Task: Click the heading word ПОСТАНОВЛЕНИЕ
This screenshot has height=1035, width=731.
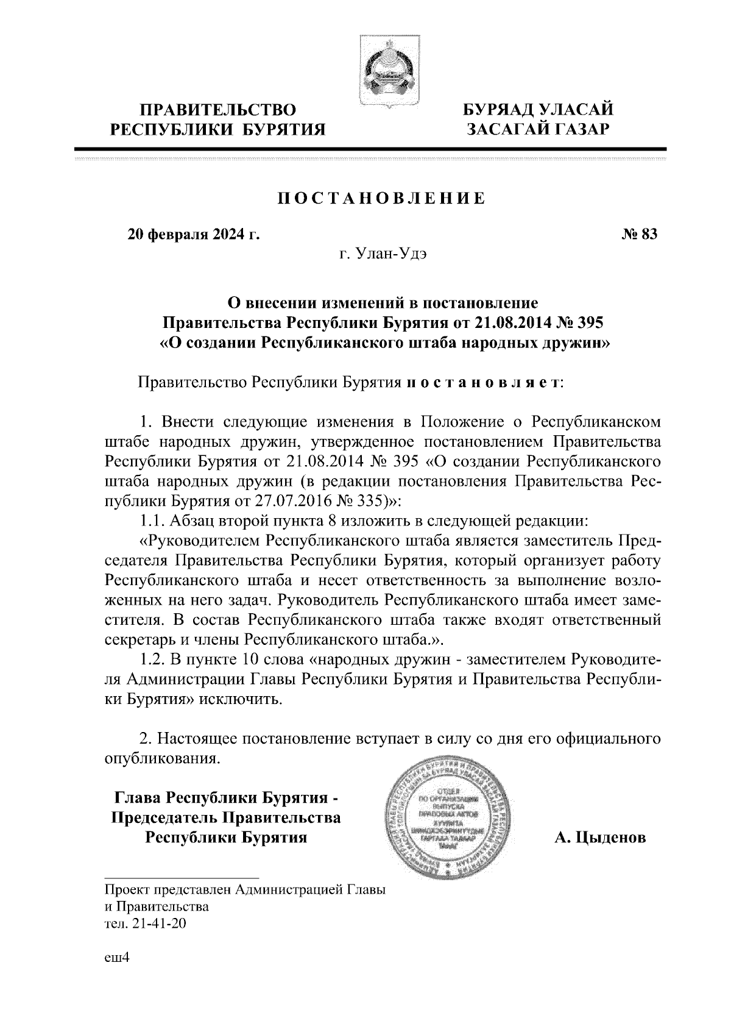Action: click(382, 199)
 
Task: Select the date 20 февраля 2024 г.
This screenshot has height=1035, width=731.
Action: click(193, 235)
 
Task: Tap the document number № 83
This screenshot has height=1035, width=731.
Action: click(638, 235)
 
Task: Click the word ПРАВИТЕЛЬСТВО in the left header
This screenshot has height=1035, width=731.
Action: click(218, 110)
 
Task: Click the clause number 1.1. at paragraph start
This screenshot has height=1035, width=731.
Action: click(152, 521)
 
